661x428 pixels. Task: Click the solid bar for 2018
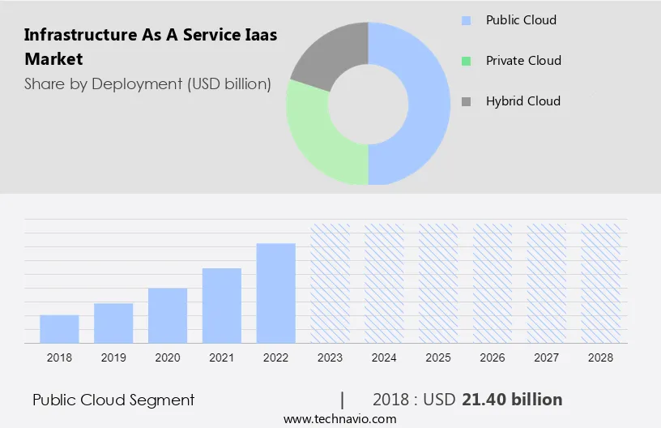[59, 328]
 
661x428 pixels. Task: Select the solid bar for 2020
[168, 315]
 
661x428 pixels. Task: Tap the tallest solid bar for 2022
[276, 293]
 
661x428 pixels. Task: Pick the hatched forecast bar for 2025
[438, 283]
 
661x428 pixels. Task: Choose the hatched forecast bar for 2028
[601, 283]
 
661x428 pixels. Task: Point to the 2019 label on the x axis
[113, 357]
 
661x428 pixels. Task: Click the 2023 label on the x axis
[330, 357]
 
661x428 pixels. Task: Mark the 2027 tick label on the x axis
[547, 357]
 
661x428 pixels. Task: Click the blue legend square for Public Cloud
[466, 20]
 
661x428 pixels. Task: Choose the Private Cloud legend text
[523, 61]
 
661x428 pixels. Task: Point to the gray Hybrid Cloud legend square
[466, 101]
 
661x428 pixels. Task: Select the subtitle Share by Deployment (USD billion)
[147, 83]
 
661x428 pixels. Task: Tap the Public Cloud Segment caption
[113, 400]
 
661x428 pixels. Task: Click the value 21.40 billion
[512, 400]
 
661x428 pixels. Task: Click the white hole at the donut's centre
[369, 104]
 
